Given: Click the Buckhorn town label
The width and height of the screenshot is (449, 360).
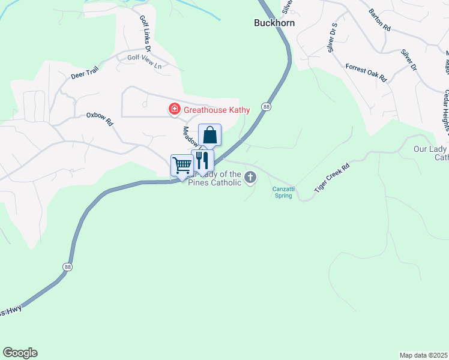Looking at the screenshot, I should (274, 23).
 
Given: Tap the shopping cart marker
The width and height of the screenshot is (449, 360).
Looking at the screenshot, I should (181, 164).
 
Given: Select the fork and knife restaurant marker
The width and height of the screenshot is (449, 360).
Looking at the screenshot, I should (202, 160).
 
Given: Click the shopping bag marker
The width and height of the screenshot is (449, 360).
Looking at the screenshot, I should (210, 135).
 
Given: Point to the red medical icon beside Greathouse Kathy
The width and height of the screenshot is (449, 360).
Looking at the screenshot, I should (174, 109).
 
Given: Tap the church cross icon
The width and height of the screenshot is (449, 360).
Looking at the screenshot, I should (250, 177).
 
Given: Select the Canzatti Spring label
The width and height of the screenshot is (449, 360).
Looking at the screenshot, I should (280, 192).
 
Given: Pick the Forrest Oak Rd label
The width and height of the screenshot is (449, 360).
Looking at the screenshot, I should (366, 72).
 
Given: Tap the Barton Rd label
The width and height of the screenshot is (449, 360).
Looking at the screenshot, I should (379, 28).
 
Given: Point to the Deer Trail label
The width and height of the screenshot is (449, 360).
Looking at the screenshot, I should (83, 73).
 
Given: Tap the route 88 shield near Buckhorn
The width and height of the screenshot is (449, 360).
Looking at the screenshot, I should (266, 106).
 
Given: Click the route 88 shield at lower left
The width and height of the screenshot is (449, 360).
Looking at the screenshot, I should (65, 266).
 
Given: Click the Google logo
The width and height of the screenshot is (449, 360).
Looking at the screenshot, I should (20, 353).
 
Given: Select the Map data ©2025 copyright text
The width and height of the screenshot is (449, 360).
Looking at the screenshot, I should (423, 355).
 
